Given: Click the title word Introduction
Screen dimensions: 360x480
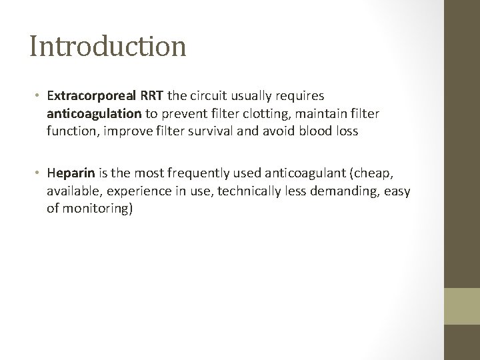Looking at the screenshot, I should coord(107,46).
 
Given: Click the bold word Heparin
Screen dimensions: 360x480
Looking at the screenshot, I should coord(71,174).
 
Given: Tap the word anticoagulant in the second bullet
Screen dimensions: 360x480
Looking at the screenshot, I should coord(293,174).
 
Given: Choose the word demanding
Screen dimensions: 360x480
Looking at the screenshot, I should coord(335,191).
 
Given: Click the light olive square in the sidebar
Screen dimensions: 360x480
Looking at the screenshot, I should coord(462,305).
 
